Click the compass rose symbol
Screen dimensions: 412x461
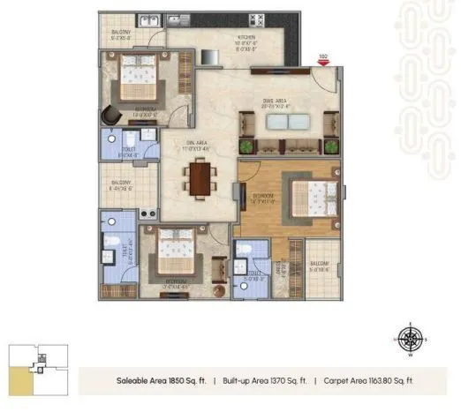(x=408, y=338)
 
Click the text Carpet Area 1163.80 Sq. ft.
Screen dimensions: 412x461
(x=364, y=380)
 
